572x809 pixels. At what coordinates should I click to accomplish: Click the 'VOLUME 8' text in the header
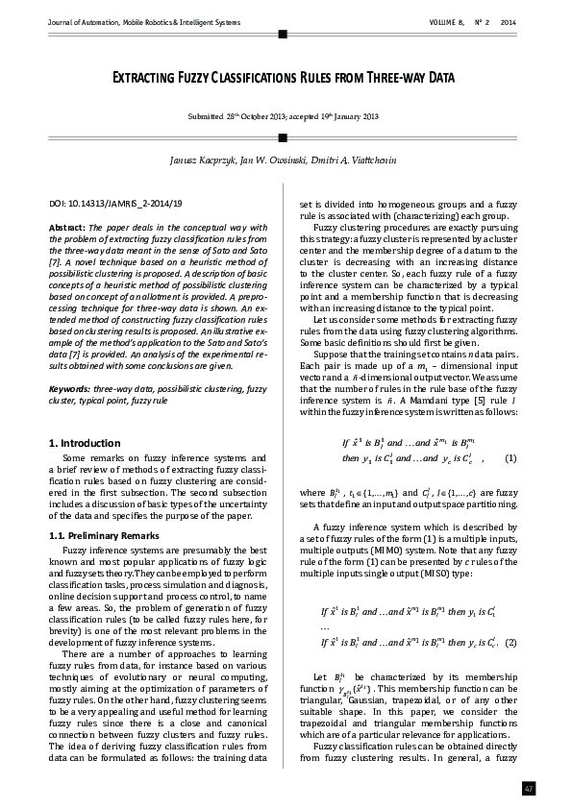point(448,21)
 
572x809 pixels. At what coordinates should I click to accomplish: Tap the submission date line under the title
point(284,116)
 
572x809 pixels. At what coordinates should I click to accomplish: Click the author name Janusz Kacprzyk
point(202,157)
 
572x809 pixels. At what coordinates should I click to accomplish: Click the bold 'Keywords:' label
point(71,389)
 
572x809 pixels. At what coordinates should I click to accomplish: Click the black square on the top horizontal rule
point(283,34)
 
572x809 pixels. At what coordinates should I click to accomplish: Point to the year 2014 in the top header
point(510,21)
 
